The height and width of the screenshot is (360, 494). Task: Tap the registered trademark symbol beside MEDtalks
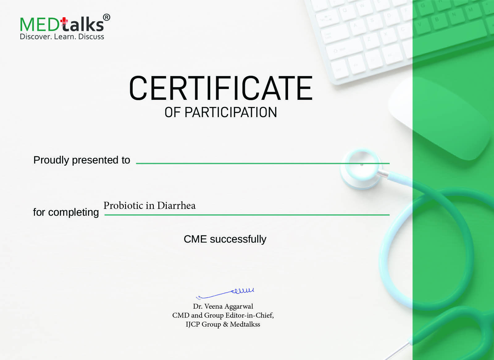(x=107, y=17)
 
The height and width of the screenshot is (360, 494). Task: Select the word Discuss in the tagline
(x=91, y=37)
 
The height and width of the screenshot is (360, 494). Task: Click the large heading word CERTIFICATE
(x=221, y=88)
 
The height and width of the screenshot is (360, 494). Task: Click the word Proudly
(x=51, y=160)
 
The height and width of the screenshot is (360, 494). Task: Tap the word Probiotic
(x=123, y=206)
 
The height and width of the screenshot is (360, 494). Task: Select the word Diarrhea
(x=176, y=206)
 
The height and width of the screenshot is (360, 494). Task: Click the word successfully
(x=238, y=239)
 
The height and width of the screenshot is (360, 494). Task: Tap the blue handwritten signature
(x=225, y=293)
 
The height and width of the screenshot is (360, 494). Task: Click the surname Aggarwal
(x=239, y=307)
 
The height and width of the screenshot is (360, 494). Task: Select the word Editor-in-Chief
(x=249, y=316)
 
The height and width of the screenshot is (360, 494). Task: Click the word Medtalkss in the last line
(x=245, y=324)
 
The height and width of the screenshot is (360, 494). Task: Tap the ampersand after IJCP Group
(x=225, y=324)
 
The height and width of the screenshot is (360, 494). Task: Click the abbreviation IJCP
(x=193, y=324)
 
